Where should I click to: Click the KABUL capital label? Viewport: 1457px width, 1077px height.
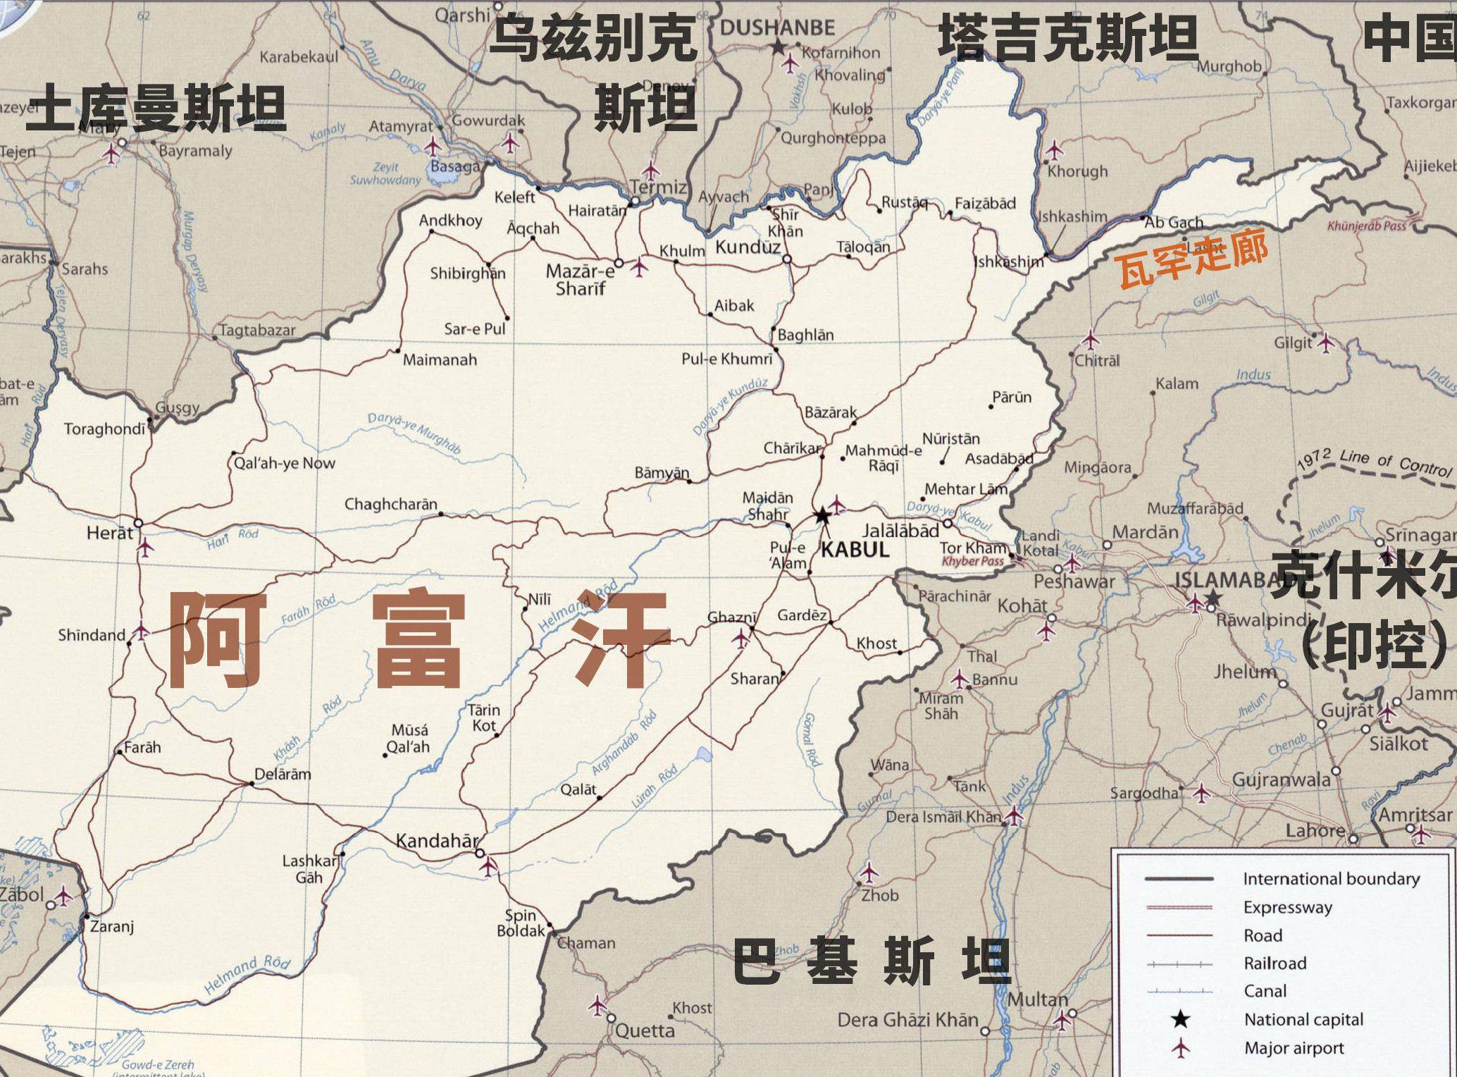[855, 550]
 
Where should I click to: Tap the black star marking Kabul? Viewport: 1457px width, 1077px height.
[822, 516]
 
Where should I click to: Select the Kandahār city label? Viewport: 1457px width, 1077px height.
[437, 840]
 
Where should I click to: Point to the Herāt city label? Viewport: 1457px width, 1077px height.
[109, 533]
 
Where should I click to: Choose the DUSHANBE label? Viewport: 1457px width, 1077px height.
[777, 28]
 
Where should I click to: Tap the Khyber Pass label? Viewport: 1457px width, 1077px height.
[972, 561]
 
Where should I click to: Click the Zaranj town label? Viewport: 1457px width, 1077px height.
[111, 926]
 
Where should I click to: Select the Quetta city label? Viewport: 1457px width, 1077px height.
[645, 1030]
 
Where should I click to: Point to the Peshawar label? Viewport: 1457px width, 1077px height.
[1074, 581]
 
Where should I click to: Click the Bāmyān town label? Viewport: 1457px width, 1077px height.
[662, 473]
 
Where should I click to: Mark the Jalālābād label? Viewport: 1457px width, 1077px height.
[900, 531]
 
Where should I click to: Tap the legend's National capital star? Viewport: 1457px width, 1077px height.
[1180, 1019]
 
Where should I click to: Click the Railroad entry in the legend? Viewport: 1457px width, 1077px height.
[1275, 963]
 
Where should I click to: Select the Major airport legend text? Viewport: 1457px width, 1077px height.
[1294, 1048]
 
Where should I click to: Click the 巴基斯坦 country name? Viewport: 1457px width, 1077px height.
[872, 960]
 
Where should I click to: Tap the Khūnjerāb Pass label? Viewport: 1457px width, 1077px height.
[1366, 226]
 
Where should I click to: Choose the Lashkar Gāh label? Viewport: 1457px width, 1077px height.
[309, 869]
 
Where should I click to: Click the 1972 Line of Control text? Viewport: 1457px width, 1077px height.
[1374, 461]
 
